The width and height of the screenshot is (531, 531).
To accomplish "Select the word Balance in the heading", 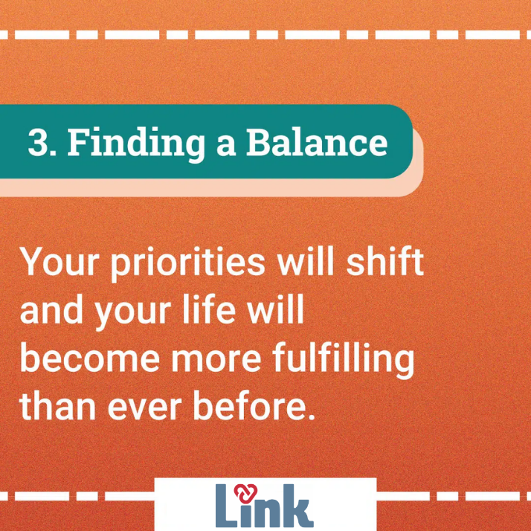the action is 317,142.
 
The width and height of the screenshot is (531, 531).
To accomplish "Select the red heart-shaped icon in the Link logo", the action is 245,494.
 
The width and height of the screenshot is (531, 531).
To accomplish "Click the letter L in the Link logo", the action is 227,506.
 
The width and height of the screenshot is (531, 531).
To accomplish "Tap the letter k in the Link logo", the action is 297,506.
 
